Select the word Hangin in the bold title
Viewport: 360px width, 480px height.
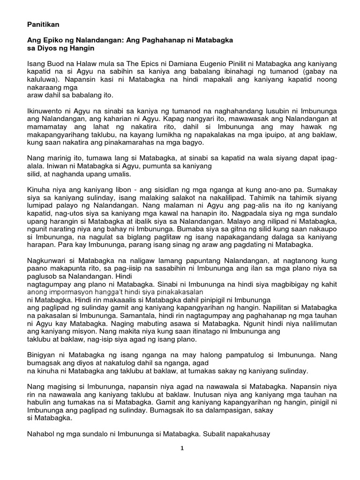pos(82,48)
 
